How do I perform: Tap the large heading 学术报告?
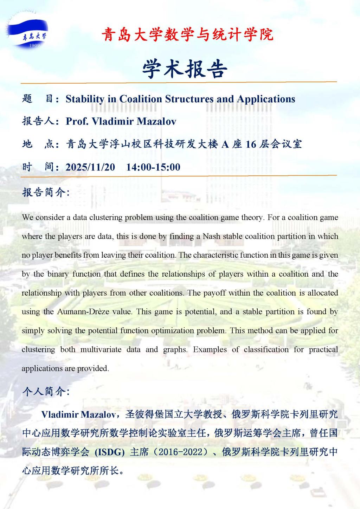click(x=185, y=68)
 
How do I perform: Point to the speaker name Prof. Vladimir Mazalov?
click(x=121, y=121)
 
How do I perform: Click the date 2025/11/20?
click(x=90, y=167)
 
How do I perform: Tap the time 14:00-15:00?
click(x=153, y=167)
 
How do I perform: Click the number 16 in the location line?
click(x=251, y=144)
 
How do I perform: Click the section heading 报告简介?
click(x=46, y=192)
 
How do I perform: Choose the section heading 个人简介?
click(x=46, y=391)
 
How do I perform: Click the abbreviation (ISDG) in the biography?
click(x=110, y=452)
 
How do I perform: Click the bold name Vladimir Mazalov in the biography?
click(x=78, y=414)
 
